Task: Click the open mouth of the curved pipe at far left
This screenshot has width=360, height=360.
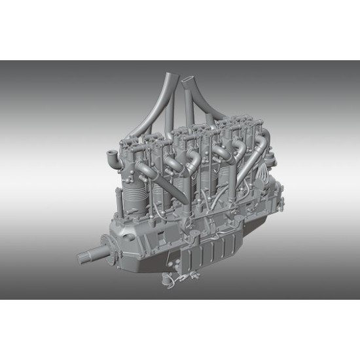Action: click(109, 156)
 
